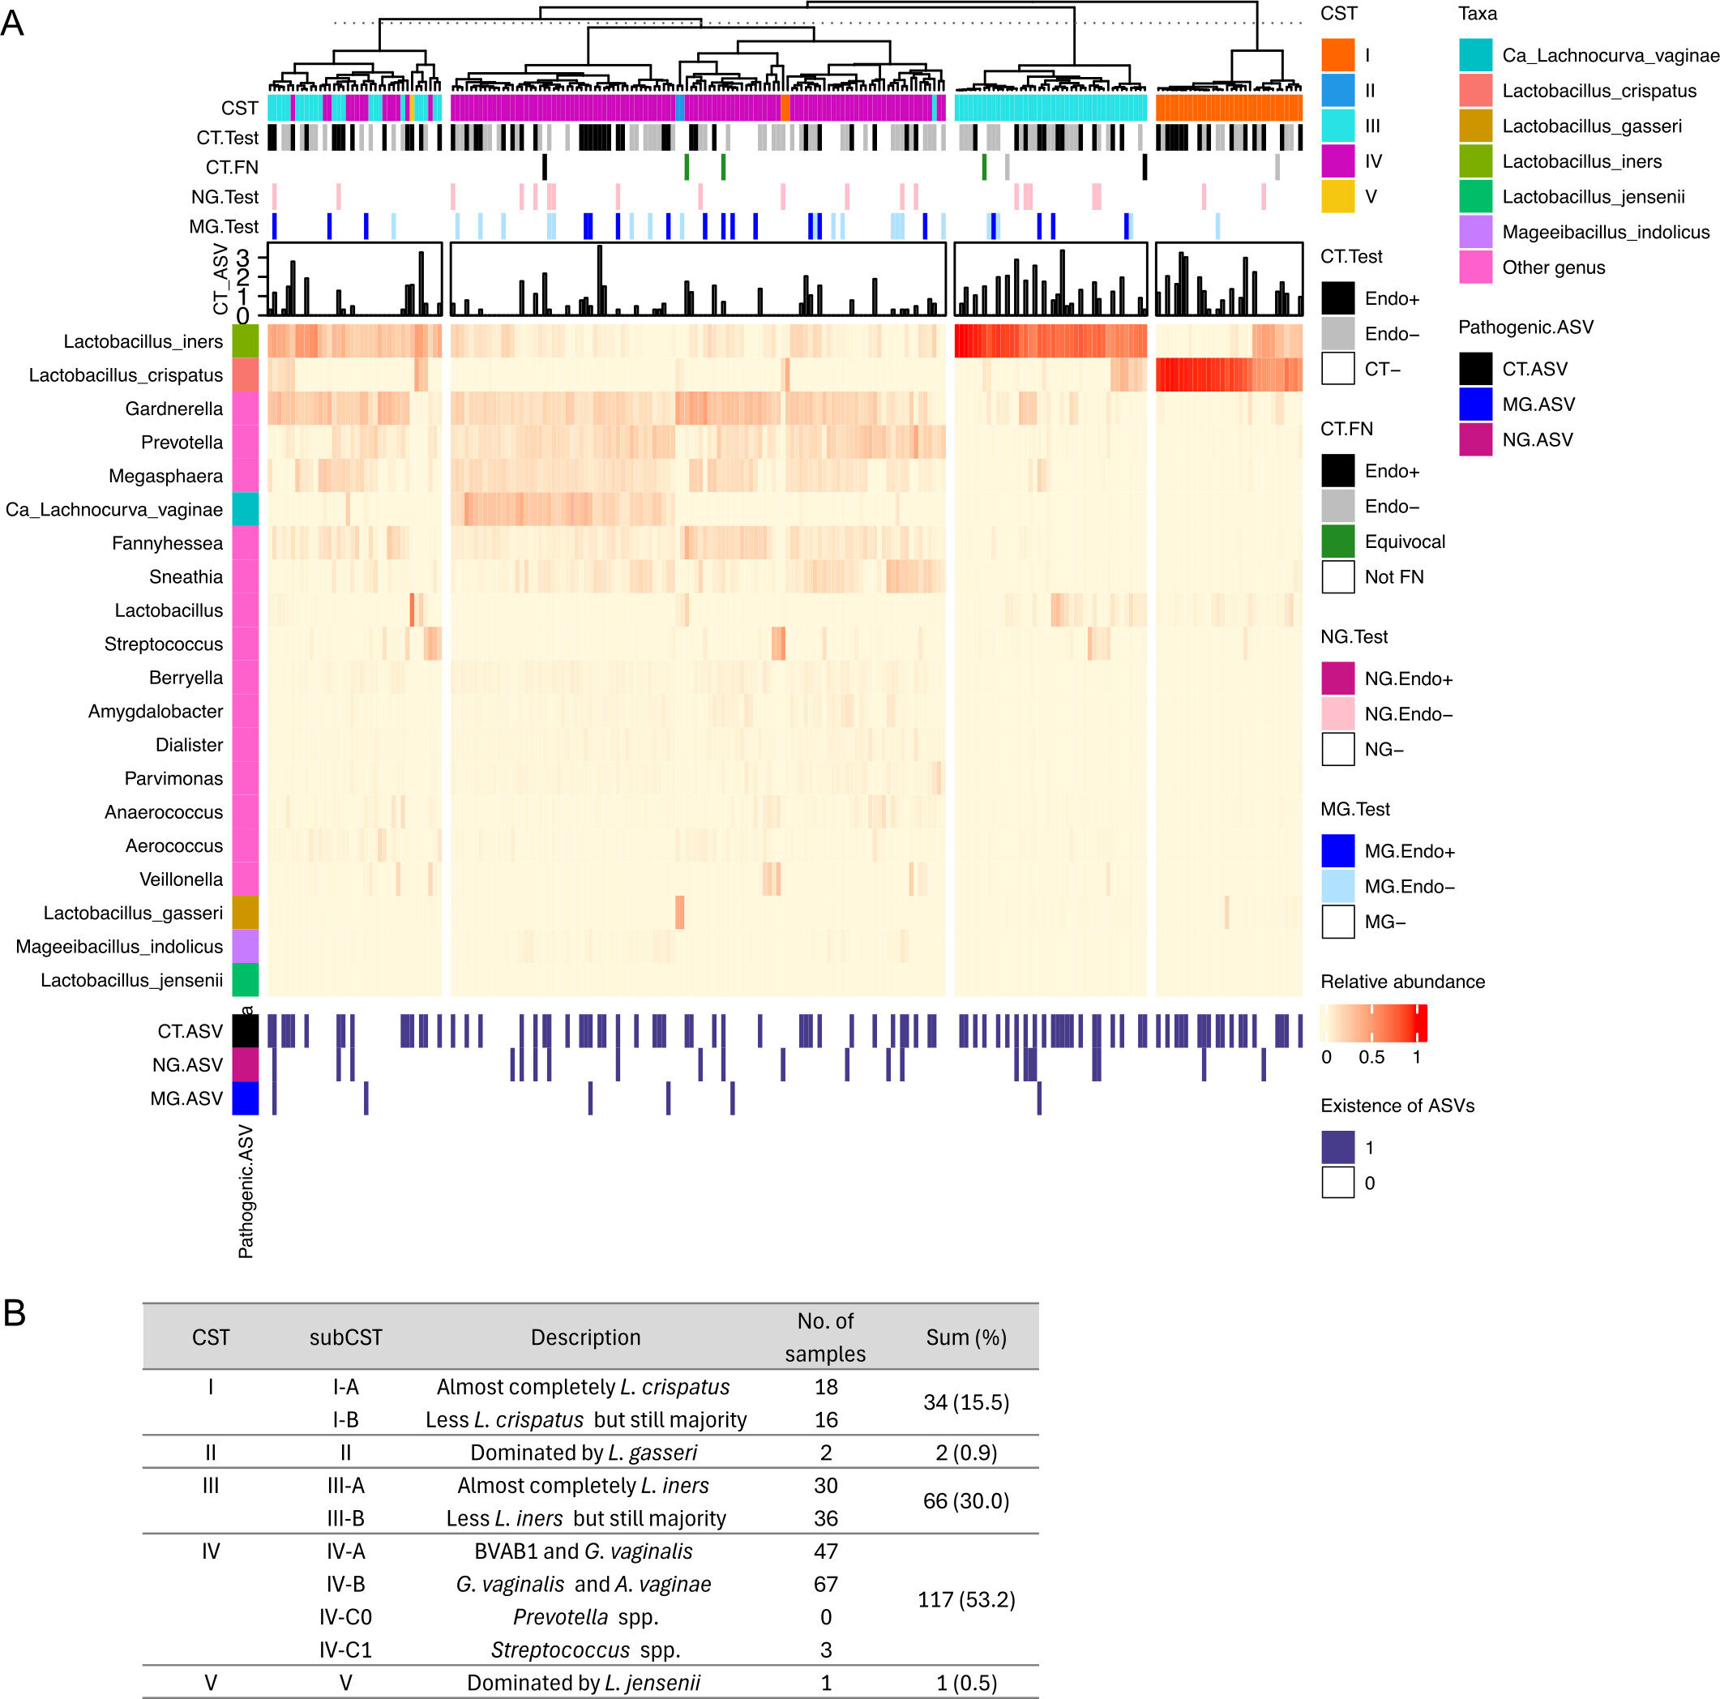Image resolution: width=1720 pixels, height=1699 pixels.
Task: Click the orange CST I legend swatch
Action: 1337,55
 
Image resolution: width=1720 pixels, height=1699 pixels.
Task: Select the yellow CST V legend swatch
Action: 1337,197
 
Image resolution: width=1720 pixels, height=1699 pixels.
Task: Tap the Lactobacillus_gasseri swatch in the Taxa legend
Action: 1475,126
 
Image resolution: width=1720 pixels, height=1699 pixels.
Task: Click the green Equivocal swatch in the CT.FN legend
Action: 1337,541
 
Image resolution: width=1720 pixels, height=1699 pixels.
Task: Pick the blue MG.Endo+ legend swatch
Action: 1337,851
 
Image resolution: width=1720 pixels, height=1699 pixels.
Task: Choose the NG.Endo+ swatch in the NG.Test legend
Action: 1337,678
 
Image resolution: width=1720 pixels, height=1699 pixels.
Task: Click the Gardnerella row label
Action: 173,409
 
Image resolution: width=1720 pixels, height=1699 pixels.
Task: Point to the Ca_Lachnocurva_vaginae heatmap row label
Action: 114,509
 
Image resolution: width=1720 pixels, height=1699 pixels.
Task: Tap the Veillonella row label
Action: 181,879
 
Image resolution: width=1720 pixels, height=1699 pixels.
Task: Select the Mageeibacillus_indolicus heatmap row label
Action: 119,947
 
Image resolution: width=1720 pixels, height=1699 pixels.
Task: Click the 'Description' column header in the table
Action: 585,1337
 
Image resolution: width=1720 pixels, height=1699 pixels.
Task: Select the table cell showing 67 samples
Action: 825,1584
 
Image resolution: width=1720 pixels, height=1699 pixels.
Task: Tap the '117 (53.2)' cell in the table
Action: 966,1600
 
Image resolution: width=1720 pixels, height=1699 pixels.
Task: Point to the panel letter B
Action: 15,1313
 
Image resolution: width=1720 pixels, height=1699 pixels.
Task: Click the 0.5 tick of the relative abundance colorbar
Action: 1371,1057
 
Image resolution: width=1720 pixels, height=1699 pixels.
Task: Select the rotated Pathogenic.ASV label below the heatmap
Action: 246,1192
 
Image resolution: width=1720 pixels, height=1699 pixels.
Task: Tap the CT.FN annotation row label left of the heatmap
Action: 232,168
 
